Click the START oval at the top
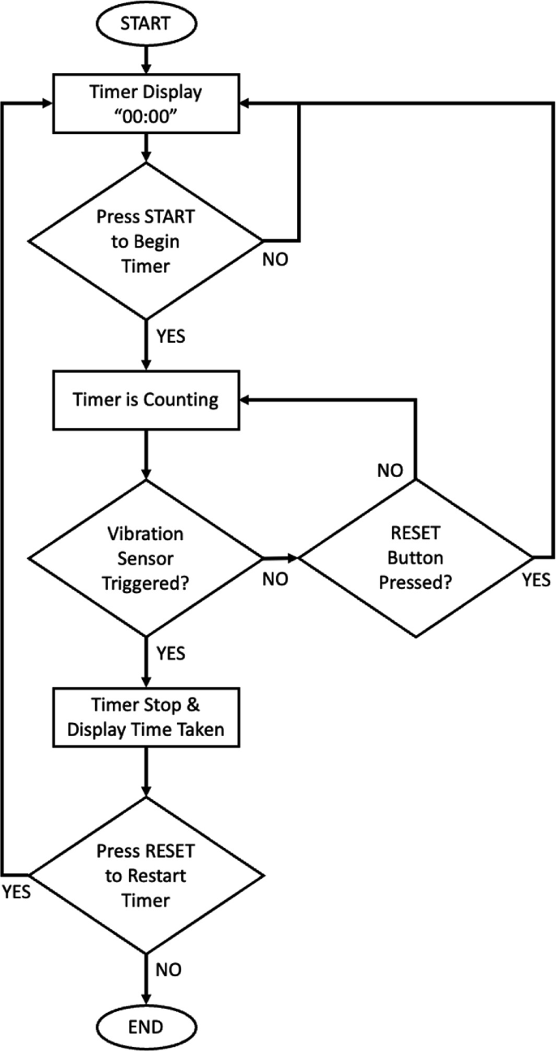pyautogui.click(x=145, y=24)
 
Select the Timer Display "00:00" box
pyautogui.click(x=145, y=102)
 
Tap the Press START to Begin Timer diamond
pyautogui.click(x=145, y=240)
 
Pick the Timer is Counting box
pyautogui.click(x=145, y=400)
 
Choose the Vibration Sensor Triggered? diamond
pyautogui.click(x=145, y=557)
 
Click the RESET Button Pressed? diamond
pyautogui.click(x=416, y=557)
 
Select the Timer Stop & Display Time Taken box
pyautogui.click(x=145, y=717)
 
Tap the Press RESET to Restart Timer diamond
pyautogui.click(x=145, y=876)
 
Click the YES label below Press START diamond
pyautogui.click(x=170, y=336)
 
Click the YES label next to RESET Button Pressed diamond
pyautogui.click(x=536, y=579)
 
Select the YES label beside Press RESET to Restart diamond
pyautogui.click(x=16, y=892)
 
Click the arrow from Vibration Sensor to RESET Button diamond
pyautogui.click(x=281, y=557)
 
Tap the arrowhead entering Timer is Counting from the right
pyautogui.click(x=247, y=400)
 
